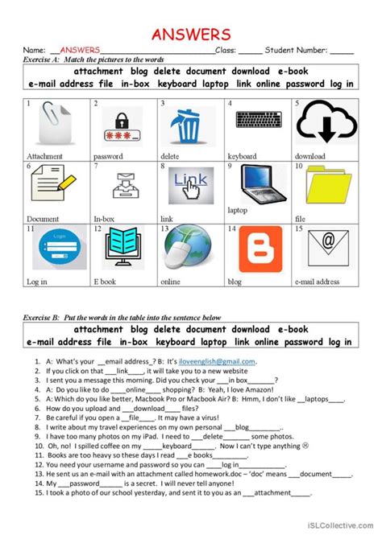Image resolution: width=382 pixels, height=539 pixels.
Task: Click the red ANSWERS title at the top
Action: click(x=191, y=34)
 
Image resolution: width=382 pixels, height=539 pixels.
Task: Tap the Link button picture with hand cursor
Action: click(x=188, y=186)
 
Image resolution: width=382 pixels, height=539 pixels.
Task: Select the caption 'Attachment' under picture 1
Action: click(x=45, y=156)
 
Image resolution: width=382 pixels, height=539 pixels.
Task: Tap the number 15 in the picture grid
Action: click(x=298, y=229)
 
